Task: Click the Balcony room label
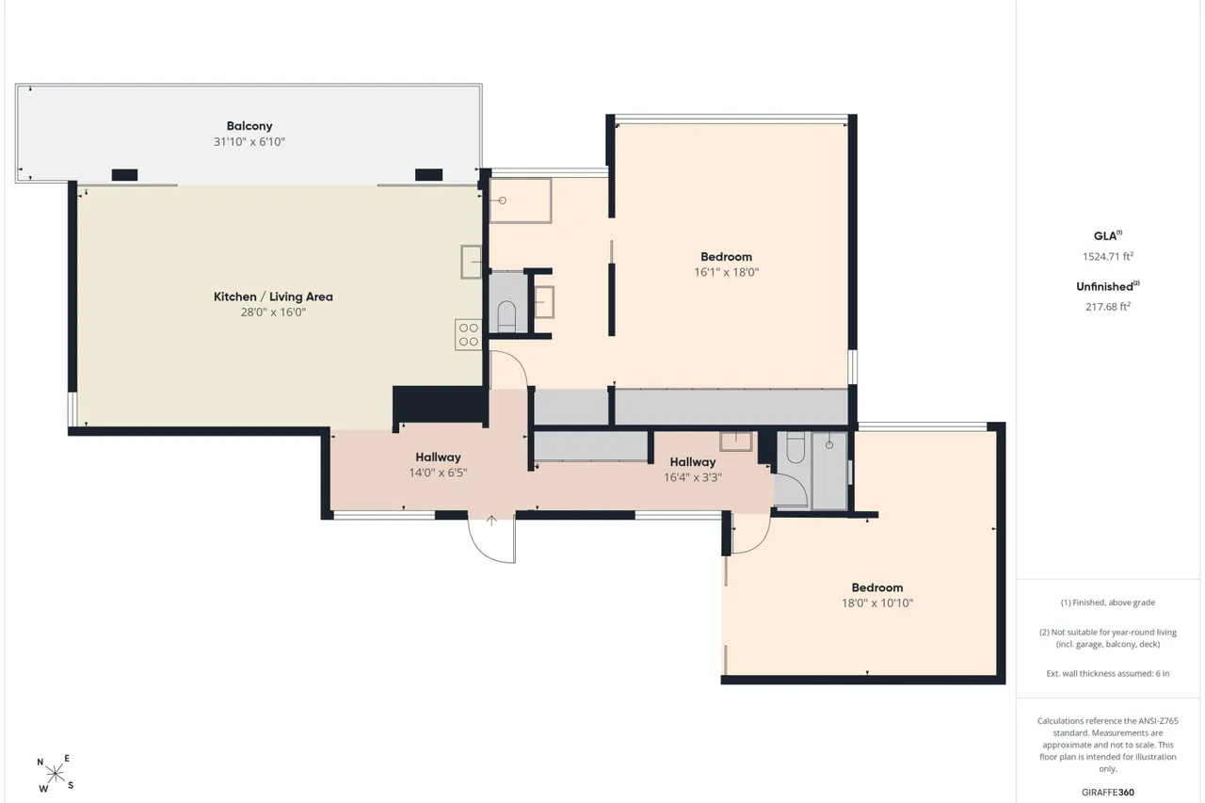click(x=249, y=126)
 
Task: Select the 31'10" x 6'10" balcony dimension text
click(x=249, y=141)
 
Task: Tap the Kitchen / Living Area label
click(x=273, y=297)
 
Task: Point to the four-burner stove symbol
click(x=469, y=334)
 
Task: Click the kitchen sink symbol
click(x=472, y=262)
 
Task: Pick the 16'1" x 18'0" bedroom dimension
click(x=726, y=272)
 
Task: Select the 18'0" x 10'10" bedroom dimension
click(x=877, y=602)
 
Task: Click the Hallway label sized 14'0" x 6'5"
click(x=438, y=458)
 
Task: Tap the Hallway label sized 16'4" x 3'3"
click(x=692, y=462)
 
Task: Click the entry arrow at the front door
click(x=491, y=521)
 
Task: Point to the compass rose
click(x=55, y=775)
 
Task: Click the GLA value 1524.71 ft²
click(x=1108, y=256)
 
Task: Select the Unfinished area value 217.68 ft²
click(x=1108, y=306)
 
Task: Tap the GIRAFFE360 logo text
click(x=1108, y=793)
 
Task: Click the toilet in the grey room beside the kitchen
click(x=506, y=316)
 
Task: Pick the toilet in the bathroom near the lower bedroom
click(x=795, y=447)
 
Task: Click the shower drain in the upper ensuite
click(x=503, y=201)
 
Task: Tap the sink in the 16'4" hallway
click(x=736, y=441)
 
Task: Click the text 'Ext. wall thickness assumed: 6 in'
click(x=1108, y=673)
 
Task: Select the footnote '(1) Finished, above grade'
click(x=1108, y=602)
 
